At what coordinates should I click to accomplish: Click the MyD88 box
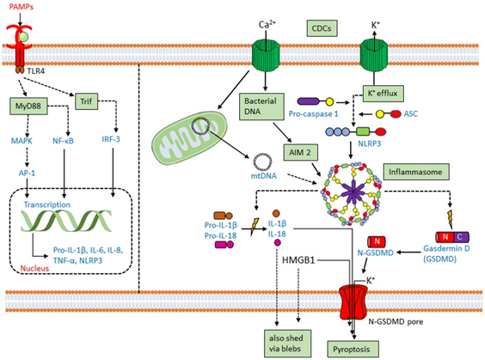coord(28,106)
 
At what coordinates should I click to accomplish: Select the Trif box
coord(86,101)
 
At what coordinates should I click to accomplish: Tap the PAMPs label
coord(21,7)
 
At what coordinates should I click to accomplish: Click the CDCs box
coord(322,28)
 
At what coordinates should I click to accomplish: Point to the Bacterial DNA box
coord(261,107)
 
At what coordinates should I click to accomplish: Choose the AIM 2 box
coord(300,152)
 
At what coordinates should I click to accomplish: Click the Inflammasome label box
coord(416,172)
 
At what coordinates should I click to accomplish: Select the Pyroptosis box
coord(353,349)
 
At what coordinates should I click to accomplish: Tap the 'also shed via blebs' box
coord(287,344)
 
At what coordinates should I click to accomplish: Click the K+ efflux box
coord(383,93)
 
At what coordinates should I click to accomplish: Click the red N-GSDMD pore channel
coord(353,302)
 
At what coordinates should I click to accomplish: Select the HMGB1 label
coord(298,260)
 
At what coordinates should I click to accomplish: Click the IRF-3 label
coord(111,139)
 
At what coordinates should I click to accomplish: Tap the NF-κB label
coord(63,141)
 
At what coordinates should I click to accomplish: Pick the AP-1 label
coord(27,173)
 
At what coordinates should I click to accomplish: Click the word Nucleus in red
coord(34,268)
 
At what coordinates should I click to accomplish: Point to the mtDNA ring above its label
coord(262,162)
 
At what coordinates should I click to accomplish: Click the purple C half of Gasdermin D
coord(461,237)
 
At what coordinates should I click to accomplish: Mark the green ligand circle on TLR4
coord(23,37)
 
